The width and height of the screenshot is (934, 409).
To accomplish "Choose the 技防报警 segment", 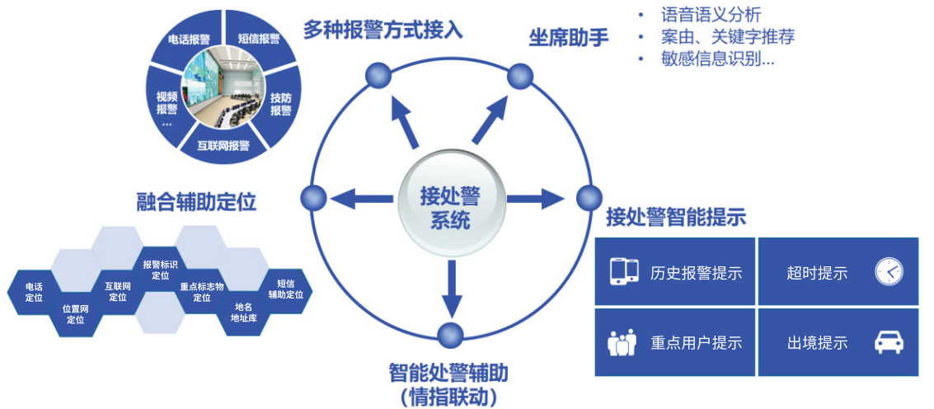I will point(280,103).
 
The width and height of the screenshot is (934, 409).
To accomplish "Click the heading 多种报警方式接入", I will point(383,31).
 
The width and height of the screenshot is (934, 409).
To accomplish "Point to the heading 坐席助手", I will point(568,38).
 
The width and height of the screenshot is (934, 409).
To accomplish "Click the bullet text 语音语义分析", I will point(711,15).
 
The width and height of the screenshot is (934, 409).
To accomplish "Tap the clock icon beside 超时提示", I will point(889,271).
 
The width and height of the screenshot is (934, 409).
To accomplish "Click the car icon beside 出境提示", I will point(889,341).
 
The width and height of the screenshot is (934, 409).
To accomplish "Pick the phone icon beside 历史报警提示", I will point(624,271).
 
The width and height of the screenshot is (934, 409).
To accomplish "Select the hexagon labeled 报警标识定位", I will point(160,270).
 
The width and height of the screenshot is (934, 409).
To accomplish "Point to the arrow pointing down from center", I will point(449,288).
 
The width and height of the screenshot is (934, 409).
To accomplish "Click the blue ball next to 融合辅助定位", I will point(314,198).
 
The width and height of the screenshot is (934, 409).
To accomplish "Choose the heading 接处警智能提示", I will point(675,217).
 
